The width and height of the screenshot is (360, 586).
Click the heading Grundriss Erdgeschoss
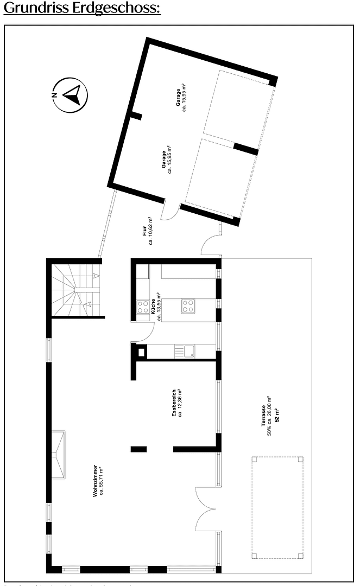click(82, 9)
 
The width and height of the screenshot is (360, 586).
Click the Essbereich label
click(174, 403)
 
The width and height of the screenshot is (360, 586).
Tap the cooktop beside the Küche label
click(143, 307)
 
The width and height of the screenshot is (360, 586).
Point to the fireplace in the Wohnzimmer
click(58, 455)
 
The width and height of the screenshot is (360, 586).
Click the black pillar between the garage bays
click(245, 148)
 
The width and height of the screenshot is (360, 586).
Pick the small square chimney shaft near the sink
click(141, 352)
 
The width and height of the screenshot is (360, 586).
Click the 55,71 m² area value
click(101, 481)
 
